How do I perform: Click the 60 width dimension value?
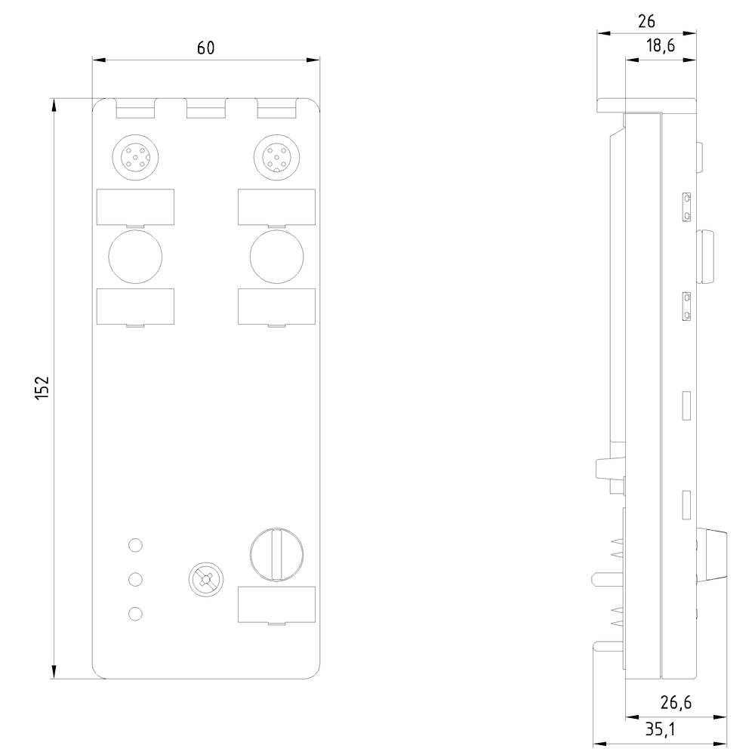click(x=205, y=48)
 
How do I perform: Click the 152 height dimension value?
click(x=42, y=387)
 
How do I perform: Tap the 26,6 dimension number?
click(x=676, y=703)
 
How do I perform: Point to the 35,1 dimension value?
click(x=660, y=729)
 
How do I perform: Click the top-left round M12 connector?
click(x=135, y=158)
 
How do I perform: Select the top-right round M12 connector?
click(x=276, y=158)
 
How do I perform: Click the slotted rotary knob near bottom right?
click(x=276, y=554)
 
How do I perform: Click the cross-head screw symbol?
click(x=207, y=579)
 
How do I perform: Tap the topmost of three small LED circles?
click(x=135, y=544)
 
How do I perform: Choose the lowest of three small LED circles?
click(x=135, y=614)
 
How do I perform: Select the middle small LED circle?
click(x=135, y=579)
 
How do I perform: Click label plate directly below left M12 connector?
click(x=135, y=206)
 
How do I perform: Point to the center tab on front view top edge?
click(x=205, y=110)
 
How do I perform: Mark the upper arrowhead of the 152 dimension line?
click(x=54, y=106)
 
